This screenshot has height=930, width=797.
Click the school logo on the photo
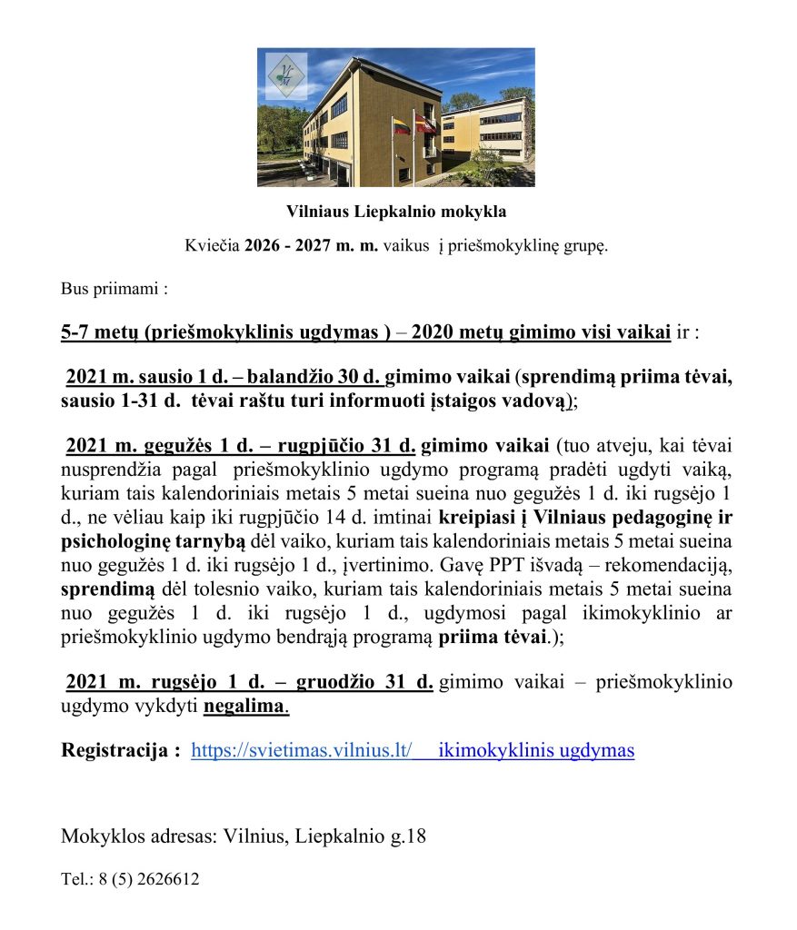(286, 76)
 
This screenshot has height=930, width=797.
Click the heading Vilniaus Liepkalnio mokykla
(396, 212)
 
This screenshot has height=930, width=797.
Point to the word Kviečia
(213, 245)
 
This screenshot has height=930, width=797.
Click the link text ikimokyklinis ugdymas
(536, 751)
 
